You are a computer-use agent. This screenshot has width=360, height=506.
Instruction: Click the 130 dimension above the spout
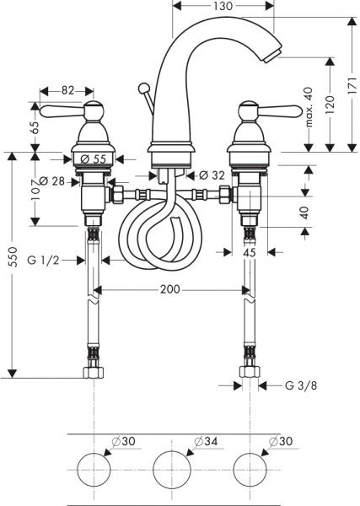click(x=223, y=7)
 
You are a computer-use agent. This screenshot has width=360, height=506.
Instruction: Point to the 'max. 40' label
click(x=309, y=104)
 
